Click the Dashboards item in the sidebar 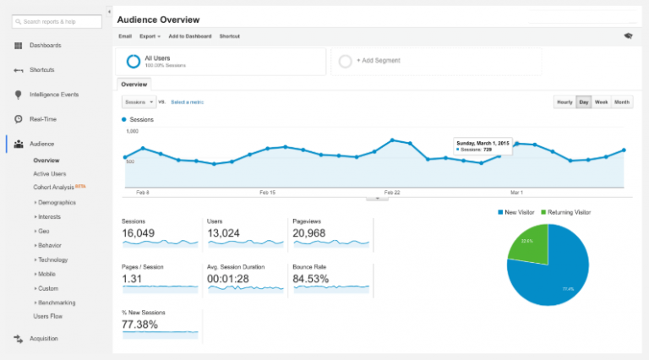pyautogui.click(x=44, y=45)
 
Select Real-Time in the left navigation pyautogui.click(x=42, y=119)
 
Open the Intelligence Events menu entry pyautogui.click(x=53, y=95)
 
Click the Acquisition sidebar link pyautogui.click(x=44, y=338)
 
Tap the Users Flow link pyautogui.click(x=48, y=316)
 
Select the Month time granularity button pyautogui.click(x=622, y=102)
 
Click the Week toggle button pyautogui.click(x=601, y=102)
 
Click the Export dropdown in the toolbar pyautogui.click(x=150, y=36)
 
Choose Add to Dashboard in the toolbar pyautogui.click(x=190, y=36)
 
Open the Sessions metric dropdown pyautogui.click(x=139, y=102)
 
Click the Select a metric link pyautogui.click(x=187, y=102)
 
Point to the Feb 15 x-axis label pyautogui.click(x=266, y=192)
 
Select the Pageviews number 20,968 pyautogui.click(x=310, y=232)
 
